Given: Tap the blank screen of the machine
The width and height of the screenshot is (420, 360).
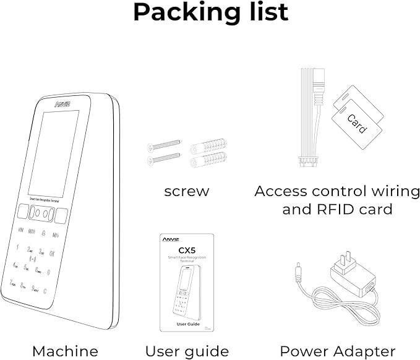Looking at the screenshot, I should pos(54,151).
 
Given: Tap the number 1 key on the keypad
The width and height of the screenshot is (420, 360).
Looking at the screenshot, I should pos(17,249).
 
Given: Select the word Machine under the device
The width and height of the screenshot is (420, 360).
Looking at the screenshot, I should pos(65,351).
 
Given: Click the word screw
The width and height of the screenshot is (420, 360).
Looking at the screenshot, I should pos(186,191).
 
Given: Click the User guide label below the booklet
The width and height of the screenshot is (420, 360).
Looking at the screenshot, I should pos(187,351).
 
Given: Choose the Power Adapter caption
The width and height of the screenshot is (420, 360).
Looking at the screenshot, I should pos(337,351).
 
